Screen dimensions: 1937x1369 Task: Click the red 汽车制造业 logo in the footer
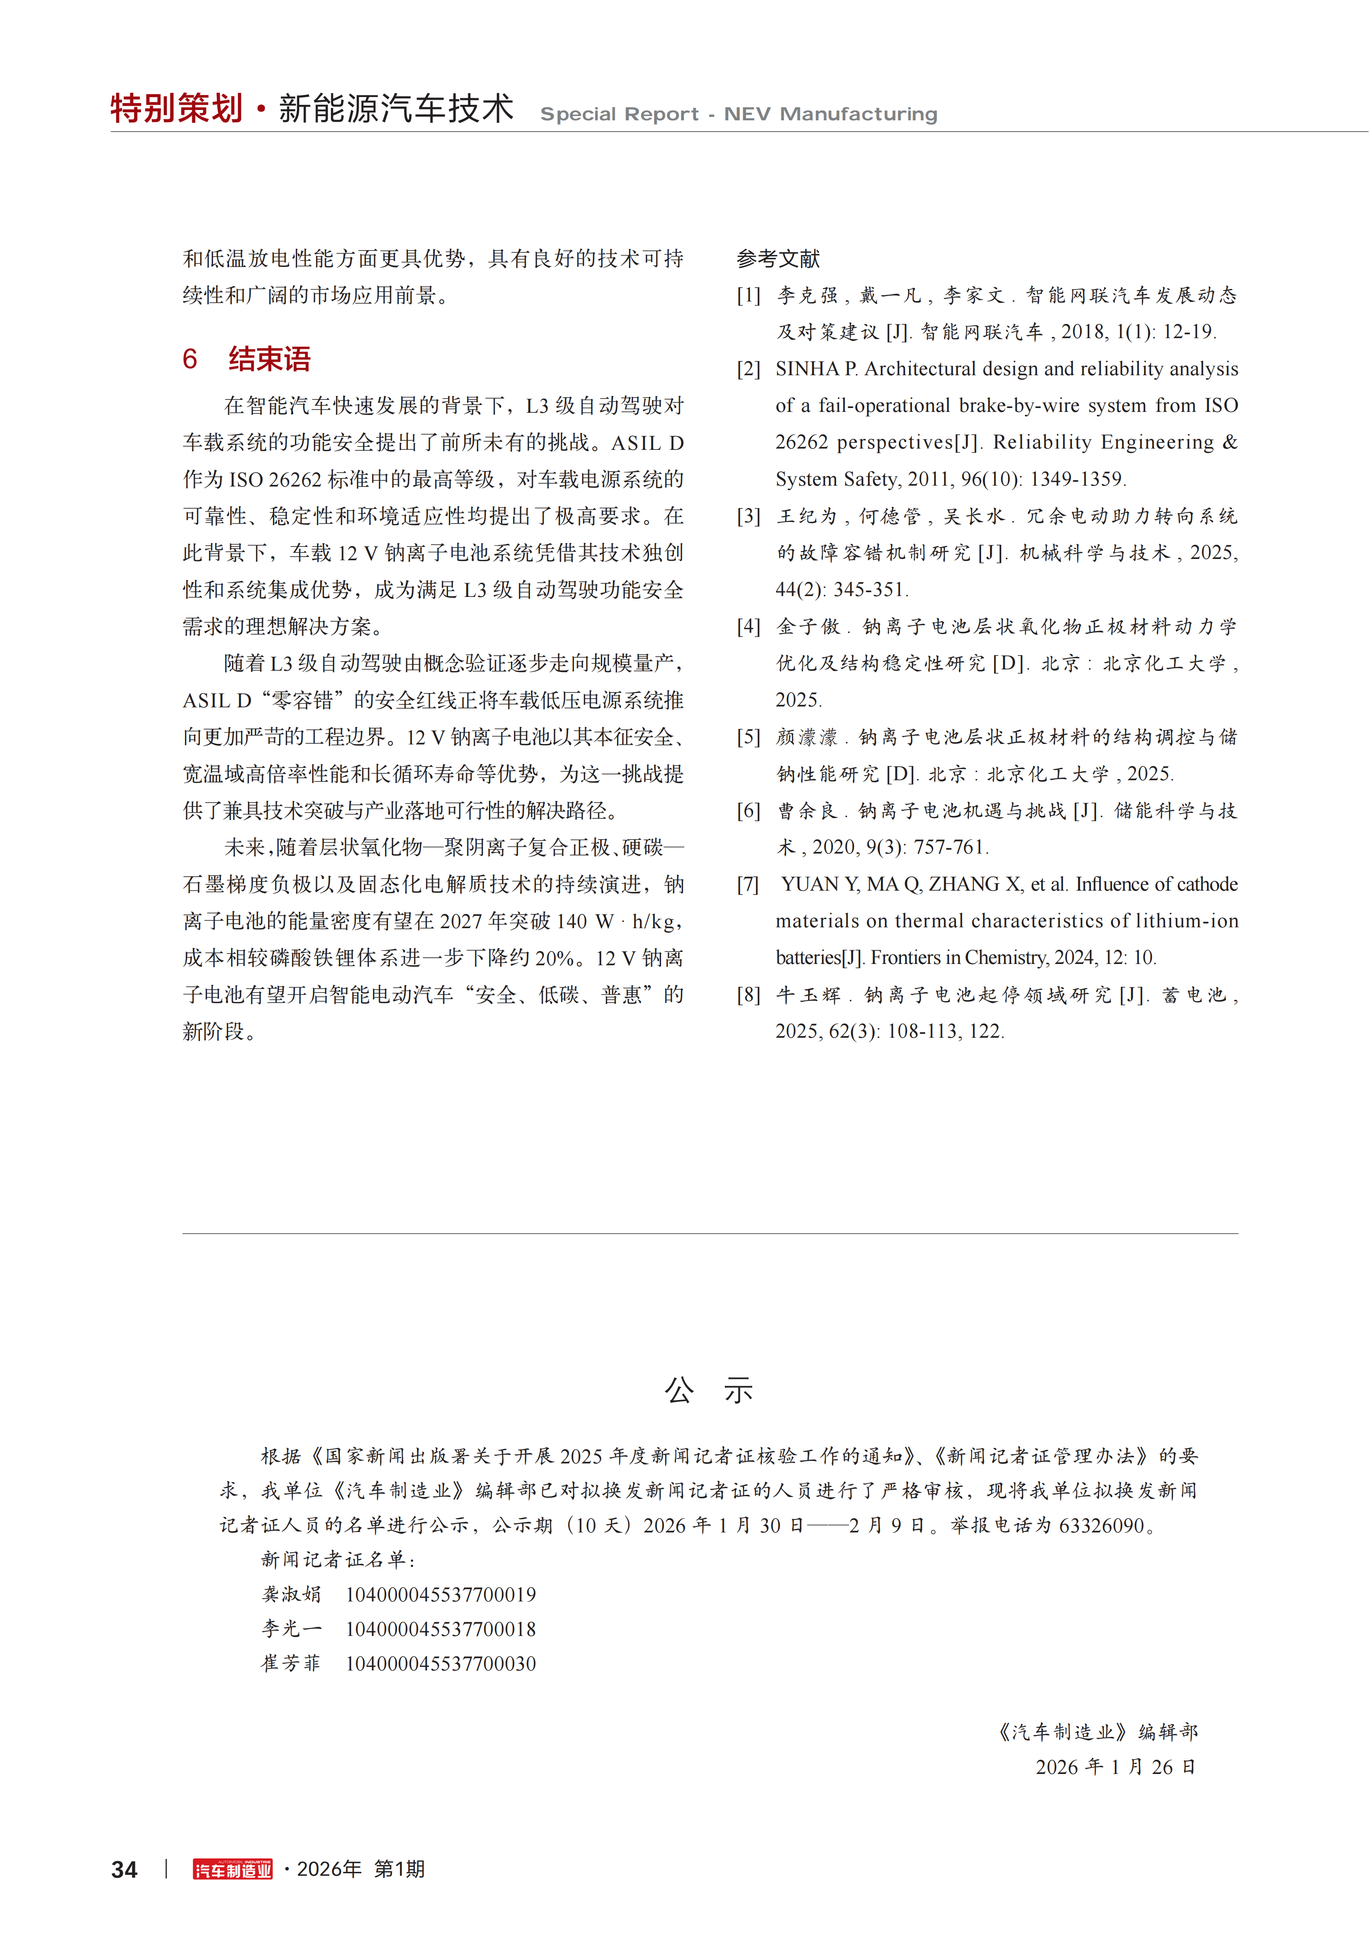click(x=233, y=1870)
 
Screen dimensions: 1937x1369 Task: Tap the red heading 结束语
click(x=269, y=359)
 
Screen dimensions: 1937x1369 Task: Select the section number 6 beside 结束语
click(x=190, y=359)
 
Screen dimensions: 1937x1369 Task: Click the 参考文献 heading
click(x=778, y=258)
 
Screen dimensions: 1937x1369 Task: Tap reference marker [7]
click(x=748, y=884)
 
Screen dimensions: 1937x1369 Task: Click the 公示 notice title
click(x=708, y=1391)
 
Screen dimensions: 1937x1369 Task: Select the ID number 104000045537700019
click(x=440, y=1595)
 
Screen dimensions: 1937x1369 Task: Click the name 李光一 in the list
click(x=291, y=1629)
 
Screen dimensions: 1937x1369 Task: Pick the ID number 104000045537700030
click(x=440, y=1664)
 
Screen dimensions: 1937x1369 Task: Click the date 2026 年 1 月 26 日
click(x=1115, y=1767)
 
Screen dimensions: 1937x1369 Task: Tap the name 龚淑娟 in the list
click(x=291, y=1595)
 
